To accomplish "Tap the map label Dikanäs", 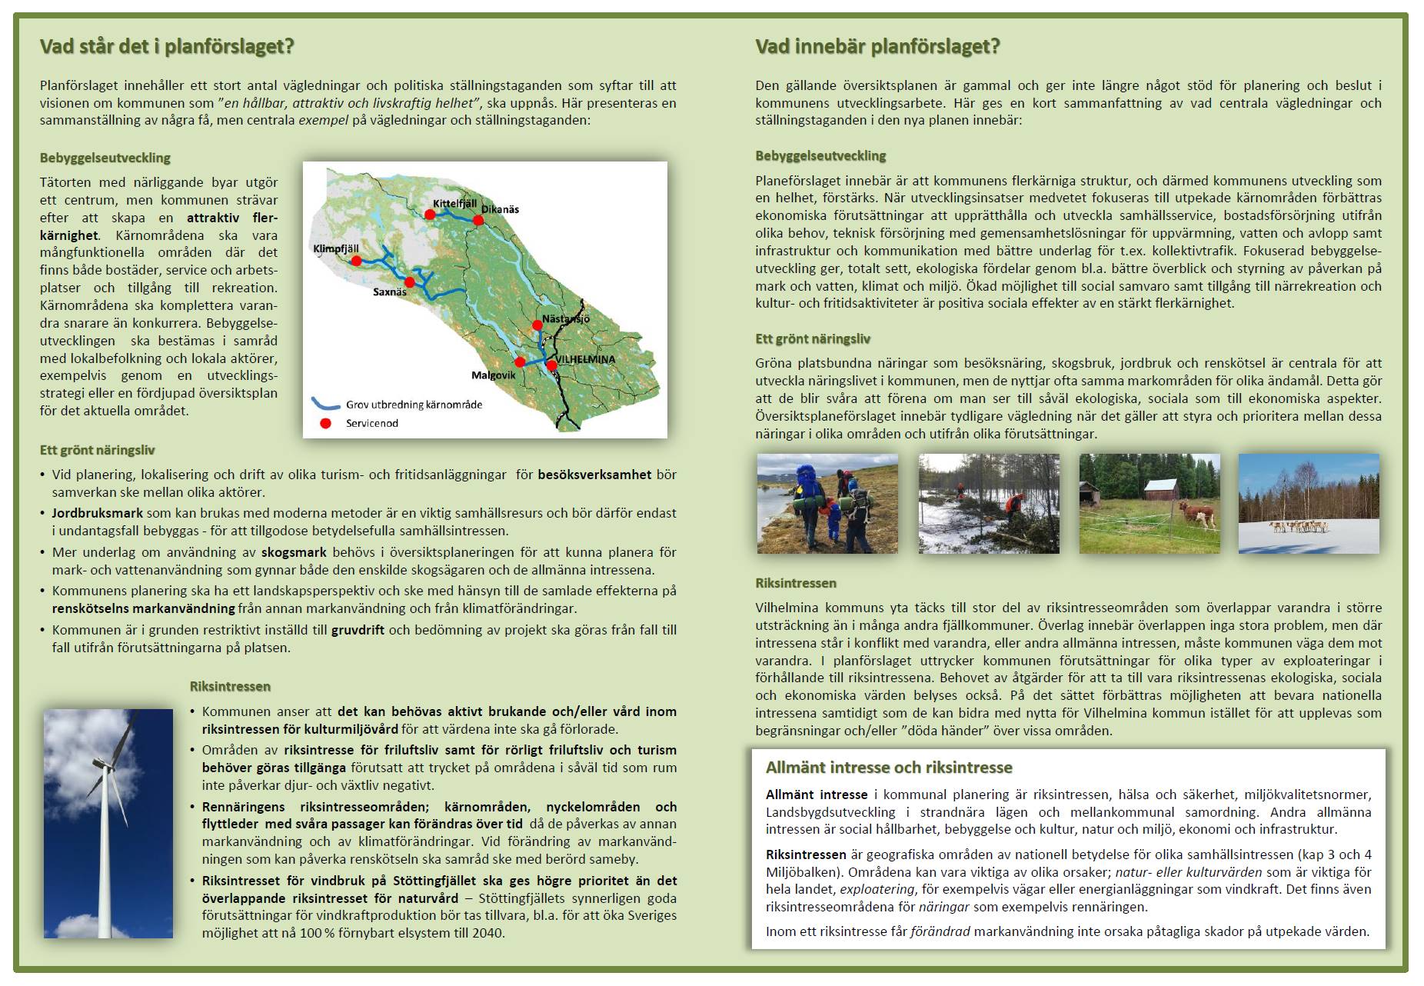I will click(501, 209).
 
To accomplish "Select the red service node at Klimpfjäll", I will click(356, 261).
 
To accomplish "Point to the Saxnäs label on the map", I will click(389, 292).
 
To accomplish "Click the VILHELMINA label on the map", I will click(586, 359).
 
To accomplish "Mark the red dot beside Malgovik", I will click(520, 362).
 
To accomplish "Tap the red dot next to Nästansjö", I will click(539, 325).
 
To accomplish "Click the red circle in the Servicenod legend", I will click(325, 423).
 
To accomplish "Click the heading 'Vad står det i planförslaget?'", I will click(167, 47).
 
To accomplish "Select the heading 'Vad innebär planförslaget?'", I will click(877, 47).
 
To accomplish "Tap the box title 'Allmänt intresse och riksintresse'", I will click(888, 768).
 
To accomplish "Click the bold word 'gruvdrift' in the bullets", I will click(359, 630).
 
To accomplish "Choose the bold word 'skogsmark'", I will click(294, 552).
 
